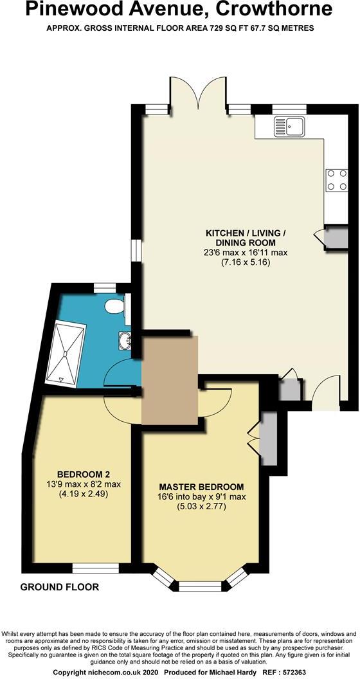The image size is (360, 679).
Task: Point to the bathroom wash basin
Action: [125, 340]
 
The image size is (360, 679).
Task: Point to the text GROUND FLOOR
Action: [60, 587]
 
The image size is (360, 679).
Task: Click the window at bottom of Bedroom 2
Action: [95, 567]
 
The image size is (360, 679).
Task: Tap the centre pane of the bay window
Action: [197, 586]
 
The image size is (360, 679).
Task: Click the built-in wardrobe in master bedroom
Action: [269, 439]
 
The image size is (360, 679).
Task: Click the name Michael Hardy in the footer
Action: [235, 671]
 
